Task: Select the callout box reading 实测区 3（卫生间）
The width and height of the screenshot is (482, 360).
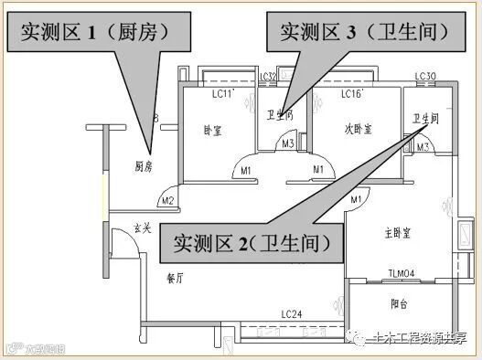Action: tap(359, 34)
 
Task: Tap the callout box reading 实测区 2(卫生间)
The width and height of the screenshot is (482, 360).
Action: tap(245, 244)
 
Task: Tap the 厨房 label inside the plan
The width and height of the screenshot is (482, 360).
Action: tap(143, 167)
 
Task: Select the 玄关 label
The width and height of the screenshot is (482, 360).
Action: tap(143, 228)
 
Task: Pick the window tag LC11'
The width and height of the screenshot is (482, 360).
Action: tap(223, 93)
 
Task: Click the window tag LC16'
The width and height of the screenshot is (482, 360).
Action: tap(352, 93)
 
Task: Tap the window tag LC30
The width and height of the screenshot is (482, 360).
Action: tap(424, 76)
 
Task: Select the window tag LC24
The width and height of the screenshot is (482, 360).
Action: tap(292, 314)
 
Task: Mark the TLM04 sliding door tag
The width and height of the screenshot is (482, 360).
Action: tap(402, 272)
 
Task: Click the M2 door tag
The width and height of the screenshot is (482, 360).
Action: tap(166, 201)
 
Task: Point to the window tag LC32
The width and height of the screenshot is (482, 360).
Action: tap(268, 77)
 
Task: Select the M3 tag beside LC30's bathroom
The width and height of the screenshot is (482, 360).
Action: tap(423, 146)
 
